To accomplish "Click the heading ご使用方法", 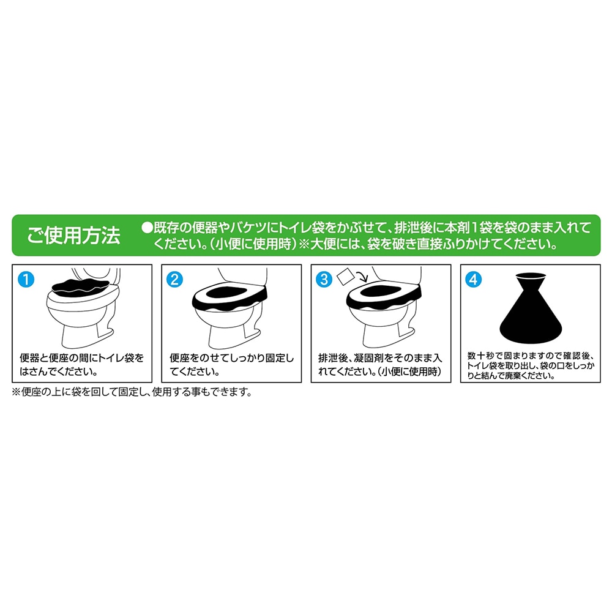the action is tap(73, 236).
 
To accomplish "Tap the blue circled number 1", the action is tap(26, 280).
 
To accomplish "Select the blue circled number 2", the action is tap(174, 280).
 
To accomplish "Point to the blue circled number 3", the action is tap(324, 280).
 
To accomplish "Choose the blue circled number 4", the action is tap(474, 280).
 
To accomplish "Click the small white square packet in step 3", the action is tap(345, 277).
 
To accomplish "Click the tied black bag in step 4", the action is tap(531, 308).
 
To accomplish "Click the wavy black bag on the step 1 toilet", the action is tap(81, 287).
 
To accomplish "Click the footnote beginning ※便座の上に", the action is tap(132, 392).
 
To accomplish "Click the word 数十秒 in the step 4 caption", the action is tap(481, 356).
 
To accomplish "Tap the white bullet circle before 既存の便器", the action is tap(147, 228).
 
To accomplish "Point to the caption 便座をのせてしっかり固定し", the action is tap(231, 358).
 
